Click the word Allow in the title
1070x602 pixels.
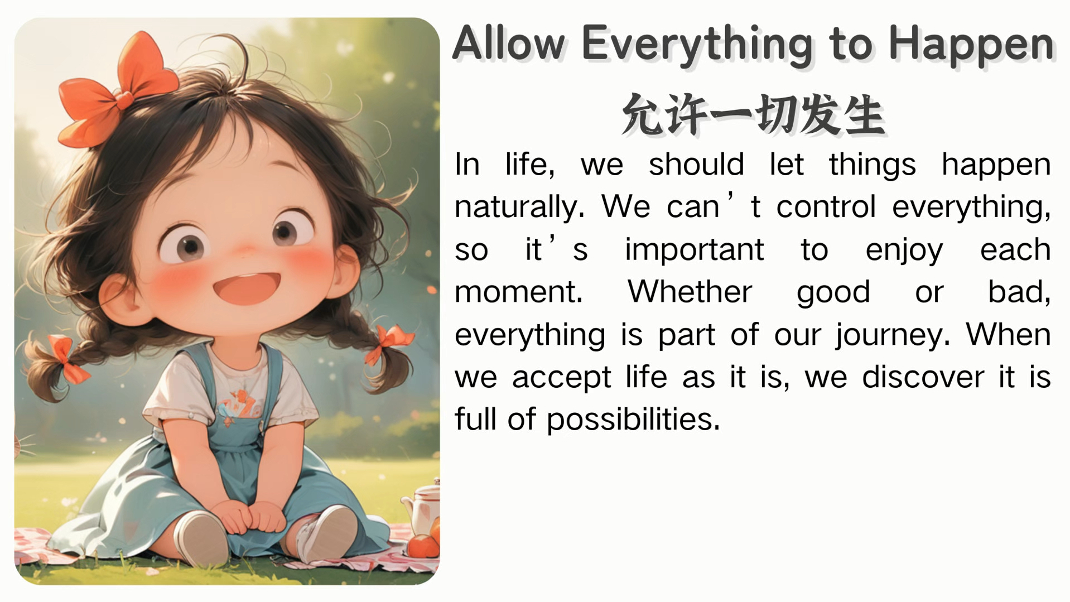[509, 43]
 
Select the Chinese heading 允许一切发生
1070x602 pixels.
[753, 114]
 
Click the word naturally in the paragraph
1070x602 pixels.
[519, 207]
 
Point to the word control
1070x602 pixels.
[826, 207]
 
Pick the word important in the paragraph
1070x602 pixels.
[694, 249]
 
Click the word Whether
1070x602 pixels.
[690, 291]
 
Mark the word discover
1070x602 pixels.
[923, 377]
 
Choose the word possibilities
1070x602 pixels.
[633, 420]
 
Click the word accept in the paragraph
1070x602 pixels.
[561, 378]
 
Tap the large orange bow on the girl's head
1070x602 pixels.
[117, 92]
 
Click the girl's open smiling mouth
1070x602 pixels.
[246, 288]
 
